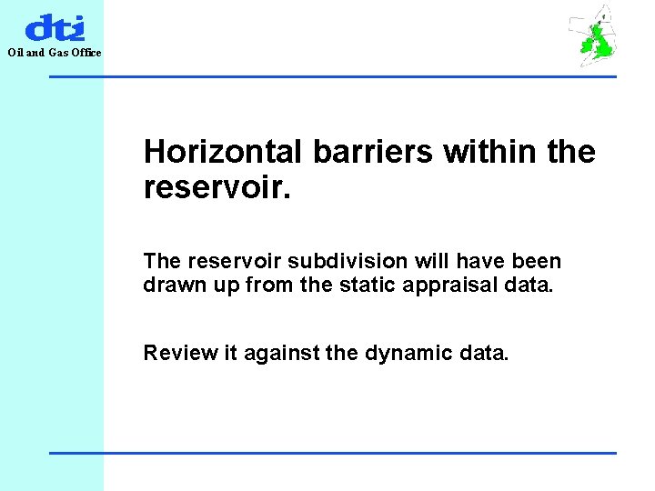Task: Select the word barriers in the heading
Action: (372, 152)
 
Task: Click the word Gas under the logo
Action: (57, 53)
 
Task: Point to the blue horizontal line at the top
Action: (332, 76)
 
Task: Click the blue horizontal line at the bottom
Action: (332, 453)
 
